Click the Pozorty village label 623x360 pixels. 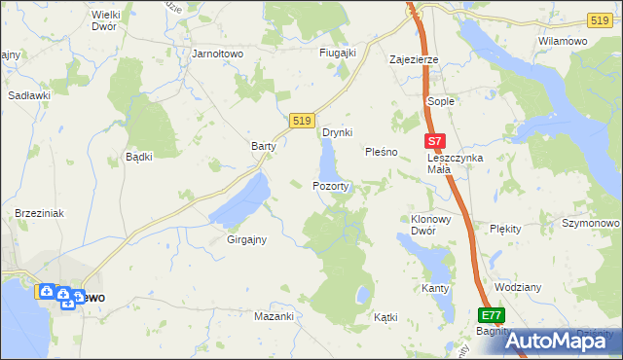[x=330, y=185]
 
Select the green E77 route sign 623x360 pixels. [x=492, y=315]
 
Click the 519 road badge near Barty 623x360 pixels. [x=301, y=120]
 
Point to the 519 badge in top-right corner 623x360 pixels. [x=601, y=20]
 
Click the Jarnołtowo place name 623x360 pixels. [x=218, y=54]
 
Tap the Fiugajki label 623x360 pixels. [x=338, y=53]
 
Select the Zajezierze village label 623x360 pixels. [x=414, y=59]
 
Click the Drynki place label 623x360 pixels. [x=337, y=132]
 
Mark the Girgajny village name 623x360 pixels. [x=246, y=238]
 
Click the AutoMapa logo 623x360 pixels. [x=562, y=341]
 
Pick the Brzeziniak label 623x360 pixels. [x=39, y=213]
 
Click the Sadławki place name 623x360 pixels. [x=29, y=95]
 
